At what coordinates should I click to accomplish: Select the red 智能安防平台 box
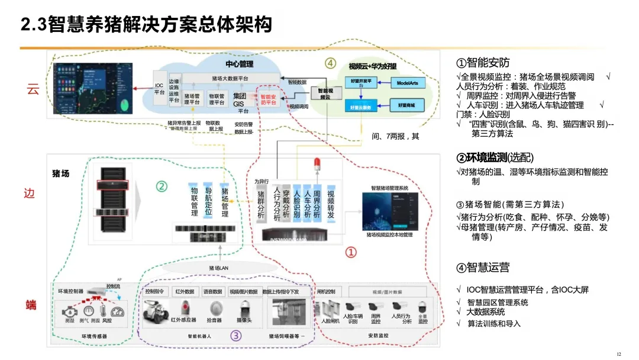pos(268,99)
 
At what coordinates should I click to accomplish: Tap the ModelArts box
pos(407,83)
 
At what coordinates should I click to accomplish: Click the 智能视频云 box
pos(322,93)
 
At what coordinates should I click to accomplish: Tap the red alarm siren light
pos(317,164)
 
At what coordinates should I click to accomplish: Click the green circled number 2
pos(162,186)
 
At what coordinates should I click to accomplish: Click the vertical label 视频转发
pos(330,204)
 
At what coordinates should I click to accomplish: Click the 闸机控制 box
pos(326,292)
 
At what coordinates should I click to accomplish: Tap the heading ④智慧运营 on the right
pos(483,268)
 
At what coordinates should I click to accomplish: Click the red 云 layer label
pos(33,90)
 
